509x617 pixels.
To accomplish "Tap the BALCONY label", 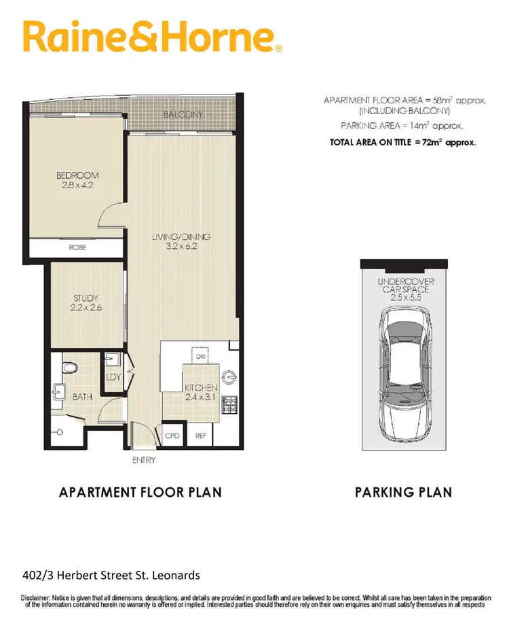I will coord(183,116).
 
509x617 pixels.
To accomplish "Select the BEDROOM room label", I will coord(77,176).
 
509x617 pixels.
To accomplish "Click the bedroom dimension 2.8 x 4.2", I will coord(77,186).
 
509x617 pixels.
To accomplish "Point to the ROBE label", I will coord(77,249).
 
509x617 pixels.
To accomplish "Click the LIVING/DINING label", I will coord(181,237).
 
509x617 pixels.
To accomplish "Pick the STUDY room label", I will coord(86,298).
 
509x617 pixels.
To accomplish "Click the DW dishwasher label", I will coord(200,356).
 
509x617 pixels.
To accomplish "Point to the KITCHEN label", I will coord(202,387).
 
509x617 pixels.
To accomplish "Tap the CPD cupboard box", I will coord(172,436).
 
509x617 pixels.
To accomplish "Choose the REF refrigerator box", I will coord(201,436).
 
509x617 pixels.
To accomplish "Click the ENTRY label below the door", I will coord(144,460).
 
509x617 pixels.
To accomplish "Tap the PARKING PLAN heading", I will coord(403,492).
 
